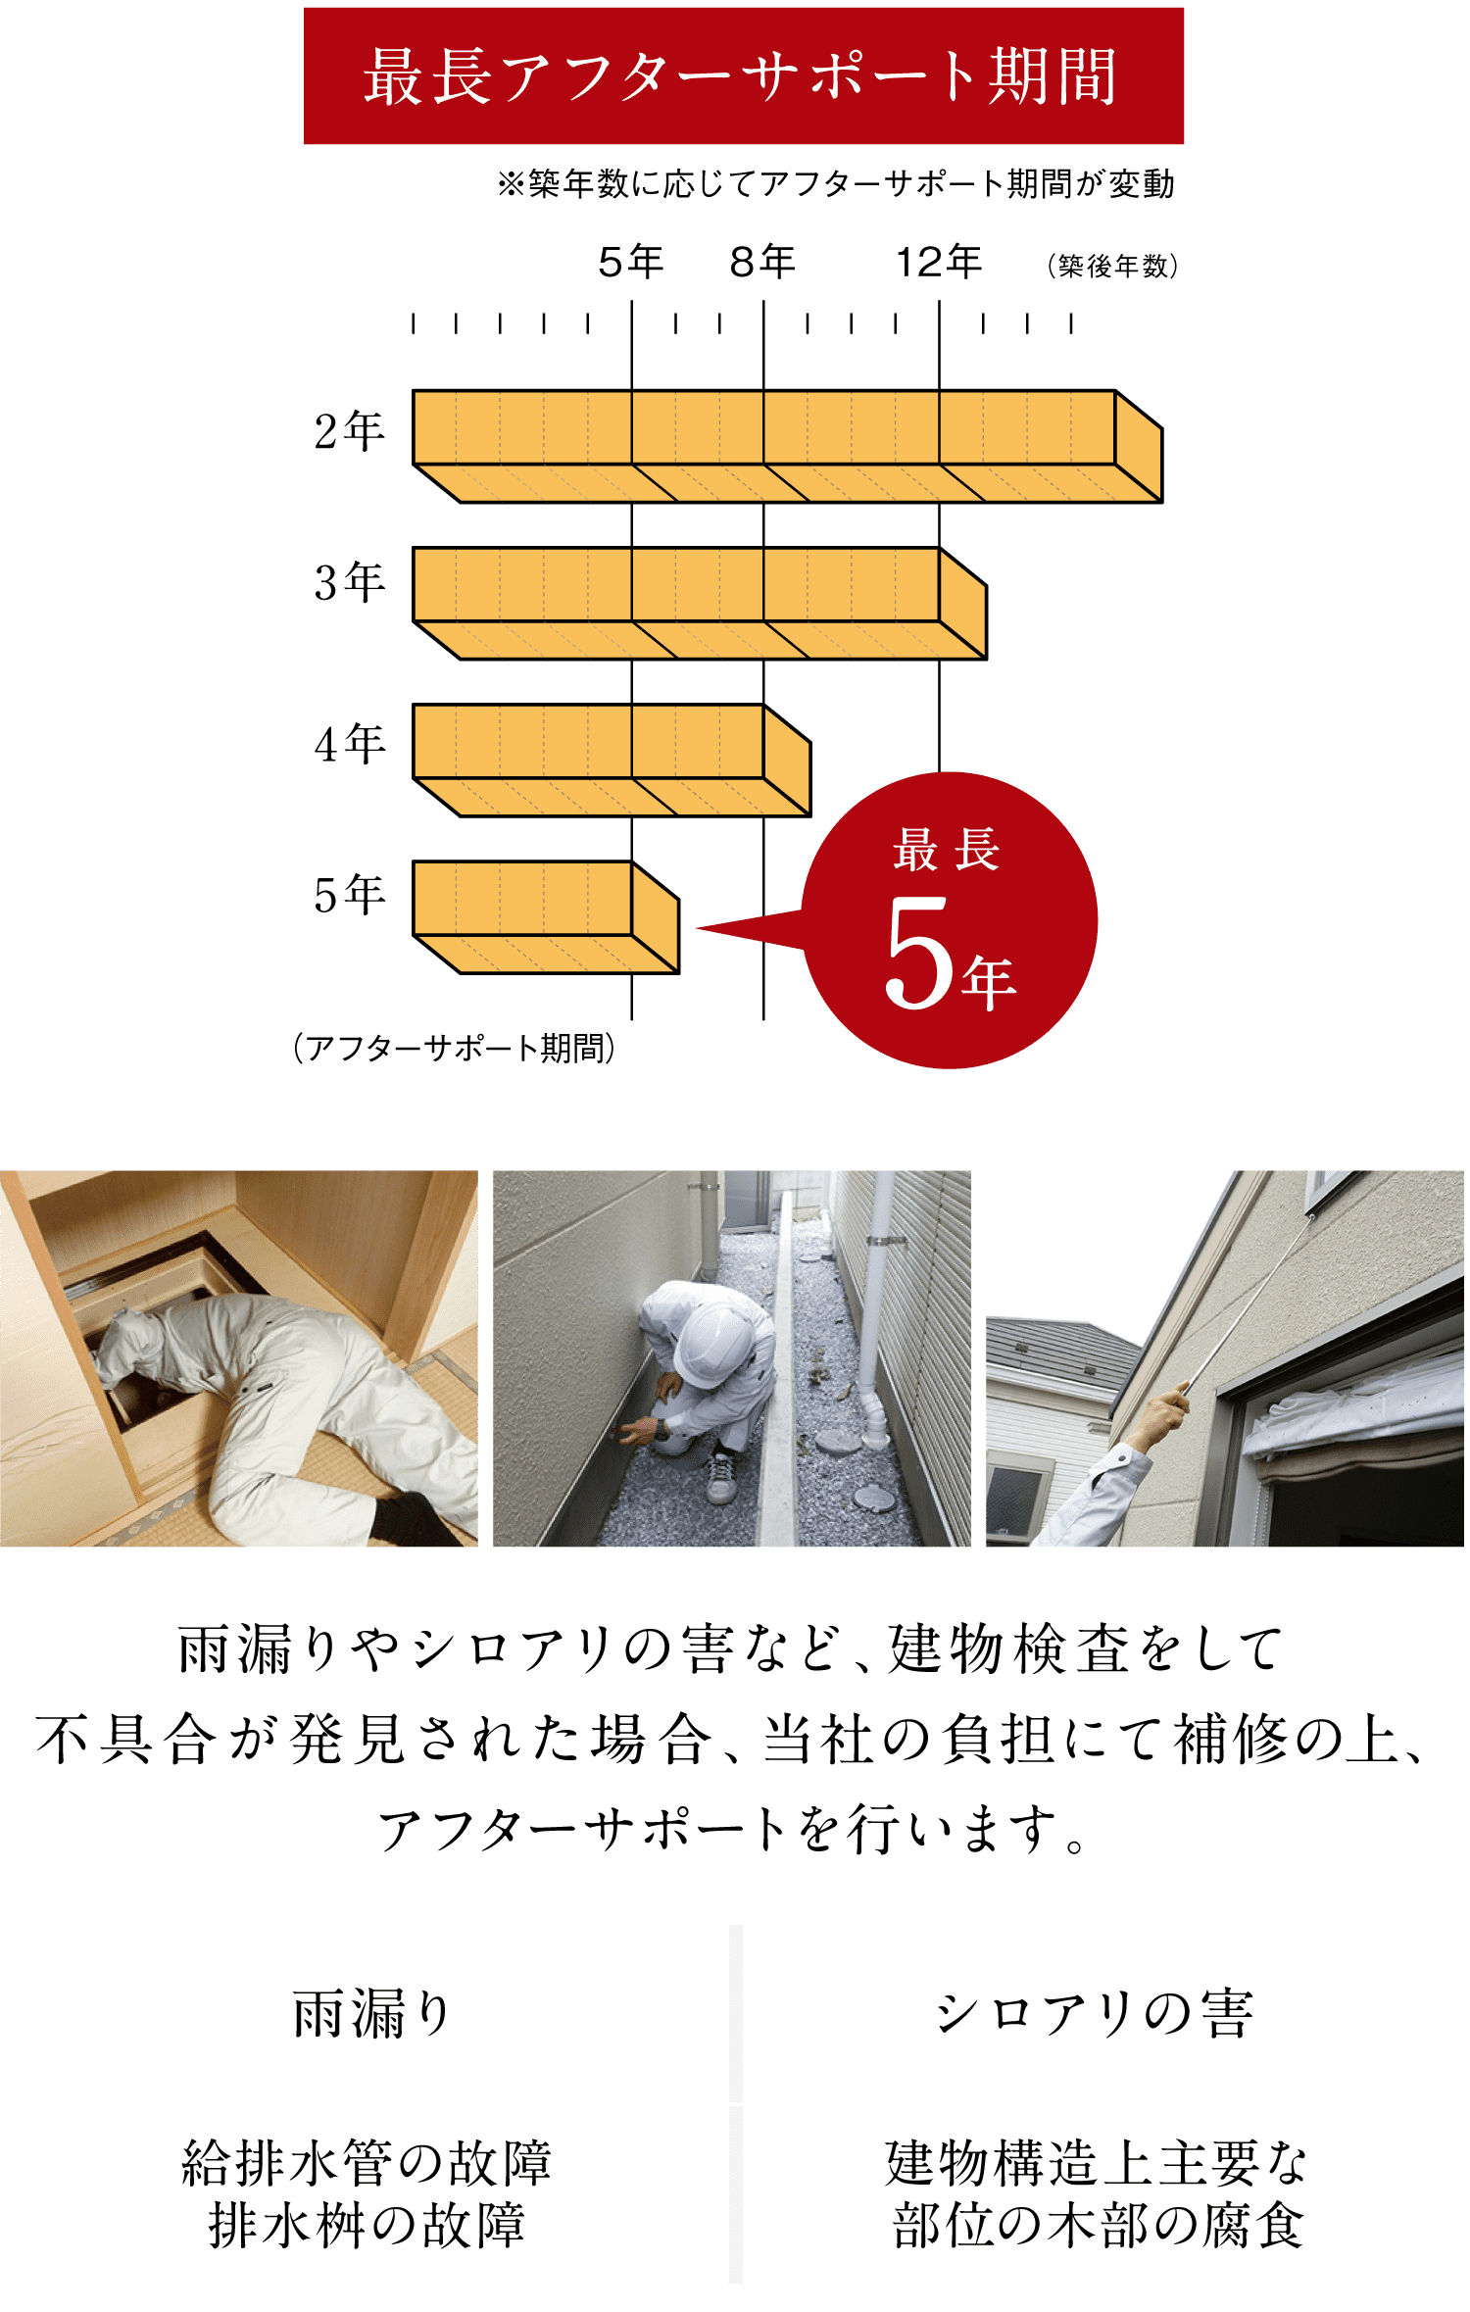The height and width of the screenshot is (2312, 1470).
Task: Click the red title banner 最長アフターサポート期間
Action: pos(743,75)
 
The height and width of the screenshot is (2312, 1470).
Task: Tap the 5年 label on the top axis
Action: pos(631,262)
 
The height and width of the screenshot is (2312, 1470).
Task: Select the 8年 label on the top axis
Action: pos(762,262)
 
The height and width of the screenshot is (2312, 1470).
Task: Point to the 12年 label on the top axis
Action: pos(939,262)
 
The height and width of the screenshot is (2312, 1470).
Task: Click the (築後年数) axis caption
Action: pos(1112,266)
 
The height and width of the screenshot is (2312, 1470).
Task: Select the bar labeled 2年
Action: pos(787,446)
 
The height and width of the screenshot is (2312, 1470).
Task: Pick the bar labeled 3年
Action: pos(700,603)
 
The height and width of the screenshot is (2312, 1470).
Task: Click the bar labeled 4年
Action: pos(612,760)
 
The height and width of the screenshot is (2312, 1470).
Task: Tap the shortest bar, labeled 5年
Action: pos(546,916)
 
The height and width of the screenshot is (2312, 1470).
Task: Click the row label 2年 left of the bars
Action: pos(349,431)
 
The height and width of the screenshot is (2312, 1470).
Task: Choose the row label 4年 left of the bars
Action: pos(349,744)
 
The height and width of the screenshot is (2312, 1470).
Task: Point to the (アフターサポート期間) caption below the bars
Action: pos(454,1048)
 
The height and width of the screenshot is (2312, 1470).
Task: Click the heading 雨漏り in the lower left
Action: pos(371,2015)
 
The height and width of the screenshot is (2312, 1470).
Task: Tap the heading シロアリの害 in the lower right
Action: pos(1096,2015)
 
